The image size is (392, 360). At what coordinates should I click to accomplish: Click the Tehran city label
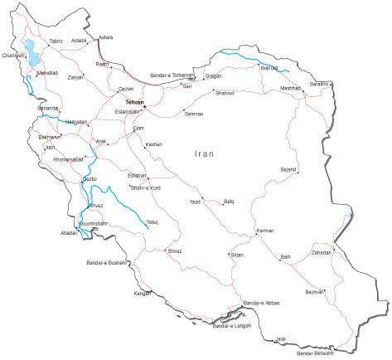pyautogui.click(x=134, y=102)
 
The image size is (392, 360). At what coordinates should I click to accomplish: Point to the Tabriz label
pyautogui.click(x=56, y=41)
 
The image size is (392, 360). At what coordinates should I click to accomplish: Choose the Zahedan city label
pyautogui.click(x=321, y=252)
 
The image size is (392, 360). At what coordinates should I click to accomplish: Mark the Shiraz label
pyautogui.click(x=174, y=250)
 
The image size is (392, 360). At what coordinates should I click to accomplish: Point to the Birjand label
pyautogui.click(x=288, y=169)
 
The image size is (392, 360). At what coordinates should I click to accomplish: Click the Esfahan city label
pyautogui.click(x=137, y=176)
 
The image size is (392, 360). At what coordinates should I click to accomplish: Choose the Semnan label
pyautogui.click(x=194, y=114)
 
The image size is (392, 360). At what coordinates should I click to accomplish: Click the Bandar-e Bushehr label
pyautogui.click(x=108, y=263)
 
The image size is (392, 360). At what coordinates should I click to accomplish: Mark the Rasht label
pyautogui.click(x=103, y=64)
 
